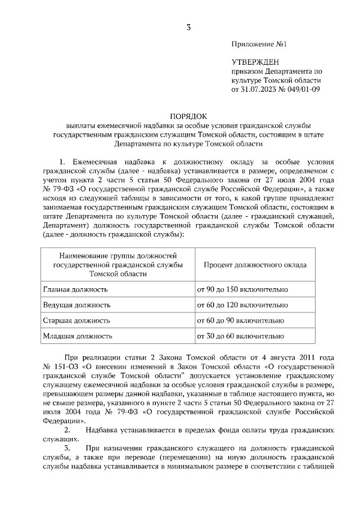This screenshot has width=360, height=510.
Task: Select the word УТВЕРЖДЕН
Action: [x=255, y=62]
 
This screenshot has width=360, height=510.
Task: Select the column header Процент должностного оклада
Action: [x=255, y=264]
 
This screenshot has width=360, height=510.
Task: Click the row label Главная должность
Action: [x=75, y=289]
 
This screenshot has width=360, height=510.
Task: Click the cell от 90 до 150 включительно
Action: [x=241, y=289]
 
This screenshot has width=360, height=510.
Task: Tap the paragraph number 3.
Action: [x=67, y=448]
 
